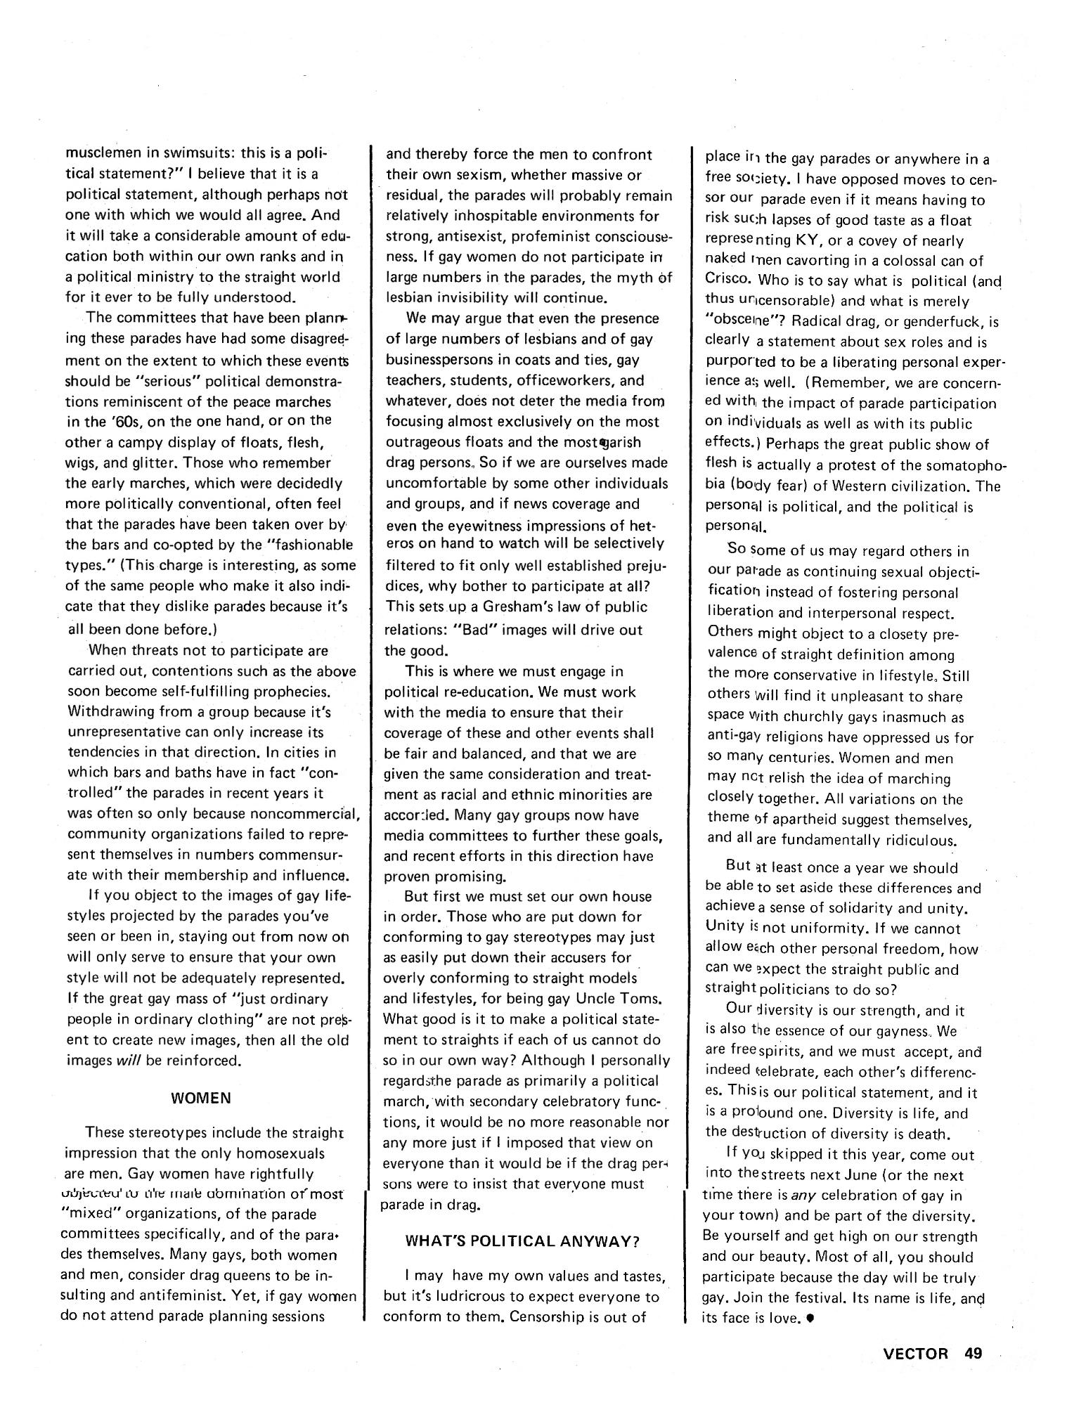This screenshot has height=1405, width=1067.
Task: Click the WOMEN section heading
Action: (201, 1097)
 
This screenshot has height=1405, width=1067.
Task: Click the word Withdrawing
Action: (110, 712)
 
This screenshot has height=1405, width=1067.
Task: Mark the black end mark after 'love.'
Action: (811, 1319)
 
